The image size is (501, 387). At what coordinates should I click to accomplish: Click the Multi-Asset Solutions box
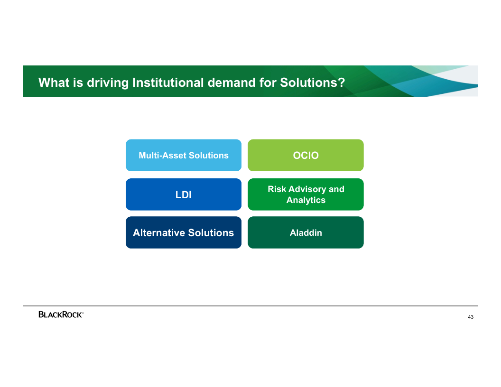coord(184,155)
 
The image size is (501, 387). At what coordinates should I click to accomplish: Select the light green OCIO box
coord(306,155)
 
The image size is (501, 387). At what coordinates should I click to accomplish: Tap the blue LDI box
coord(184,194)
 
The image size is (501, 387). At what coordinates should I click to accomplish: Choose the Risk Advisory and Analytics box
coord(306,194)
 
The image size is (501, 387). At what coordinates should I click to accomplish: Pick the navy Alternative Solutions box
coord(184,232)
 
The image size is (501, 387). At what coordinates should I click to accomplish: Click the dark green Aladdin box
coord(306,232)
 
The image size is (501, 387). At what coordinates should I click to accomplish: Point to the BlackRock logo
coord(61,314)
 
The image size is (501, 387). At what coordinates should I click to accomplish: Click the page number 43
coord(471,317)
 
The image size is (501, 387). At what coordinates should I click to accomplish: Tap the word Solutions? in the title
coord(313,83)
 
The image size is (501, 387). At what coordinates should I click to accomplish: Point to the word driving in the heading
coord(108,83)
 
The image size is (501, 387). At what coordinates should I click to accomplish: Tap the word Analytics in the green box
coord(306,200)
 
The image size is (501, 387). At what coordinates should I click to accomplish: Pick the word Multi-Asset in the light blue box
coord(162,156)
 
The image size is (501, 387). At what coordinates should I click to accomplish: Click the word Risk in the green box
coord(277,189)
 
